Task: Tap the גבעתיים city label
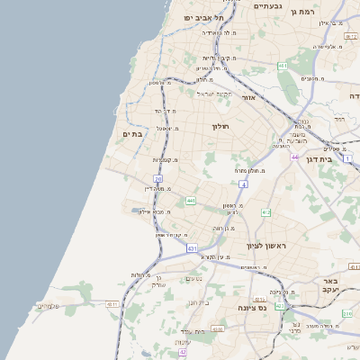tap(268, 6)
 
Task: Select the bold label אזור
tap(250, 96)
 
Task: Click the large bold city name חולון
tap(221, 127)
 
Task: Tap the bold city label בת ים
tap(132, 134)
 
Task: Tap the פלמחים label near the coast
tap(49, 306)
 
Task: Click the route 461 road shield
tap(283, 66)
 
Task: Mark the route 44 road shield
tap(294, 156)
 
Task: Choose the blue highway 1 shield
tap(348, 158)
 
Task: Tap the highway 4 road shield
tap(243, 184)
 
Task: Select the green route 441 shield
tap(190, 200)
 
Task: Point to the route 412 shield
tap(265, 212)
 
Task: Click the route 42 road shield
tap(182, 352)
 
